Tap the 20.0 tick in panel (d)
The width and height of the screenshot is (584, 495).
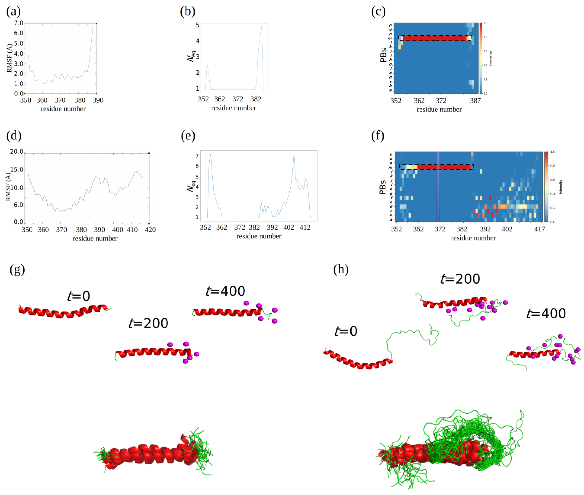click(x=17, y=152)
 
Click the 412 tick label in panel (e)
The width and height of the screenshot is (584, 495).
click(x=305, y=227)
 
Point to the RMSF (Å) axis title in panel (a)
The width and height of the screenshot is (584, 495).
click(x=10, y=58)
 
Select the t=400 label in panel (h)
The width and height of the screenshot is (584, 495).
click(x=546, y=313)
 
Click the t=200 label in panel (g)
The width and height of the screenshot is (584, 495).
click(x=148, y=323)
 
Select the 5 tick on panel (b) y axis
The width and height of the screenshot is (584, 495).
click(x=198, y=25)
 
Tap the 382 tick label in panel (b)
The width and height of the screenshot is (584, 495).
click(x=256, y=99)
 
